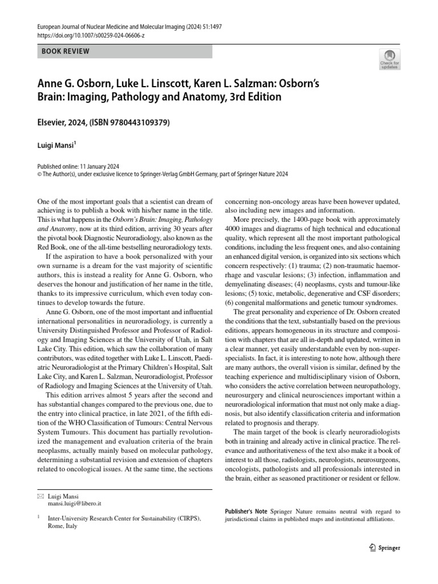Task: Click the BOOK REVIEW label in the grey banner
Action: tap(66, 51)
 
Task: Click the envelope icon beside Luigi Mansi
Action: tap(40, 497)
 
